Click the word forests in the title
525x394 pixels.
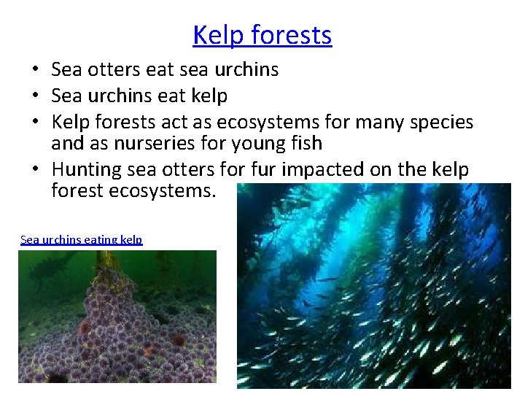pyautogui.click(x=292, y=35)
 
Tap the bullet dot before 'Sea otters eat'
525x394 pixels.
pyautogui.click(x=34, y=70)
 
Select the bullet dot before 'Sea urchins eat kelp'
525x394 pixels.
pyautogui.click(x=34, y=96)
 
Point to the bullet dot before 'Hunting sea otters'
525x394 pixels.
pyautogui.click(x=34, y=170)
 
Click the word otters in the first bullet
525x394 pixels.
pyautogui.click(x=120, y=70)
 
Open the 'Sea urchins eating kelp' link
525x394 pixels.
pyautogui.click(x=82, y=239)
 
